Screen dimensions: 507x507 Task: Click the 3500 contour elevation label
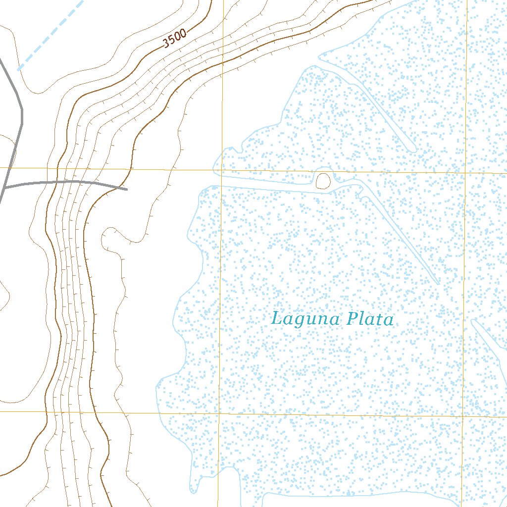pyautogui.click(x=175, y=39)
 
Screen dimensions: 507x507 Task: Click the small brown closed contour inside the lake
pyautogui.click(x=323, y=181)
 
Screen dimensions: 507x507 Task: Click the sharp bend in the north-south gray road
pyautogui.click(x=22, y=111)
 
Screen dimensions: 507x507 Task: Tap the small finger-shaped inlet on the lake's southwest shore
pyautogui.click(x=195, y=488)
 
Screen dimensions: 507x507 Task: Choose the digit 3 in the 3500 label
pyautogui.click(x=167, y=43)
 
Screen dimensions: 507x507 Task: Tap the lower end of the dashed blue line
pyautogui.click(x=19, y=69)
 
